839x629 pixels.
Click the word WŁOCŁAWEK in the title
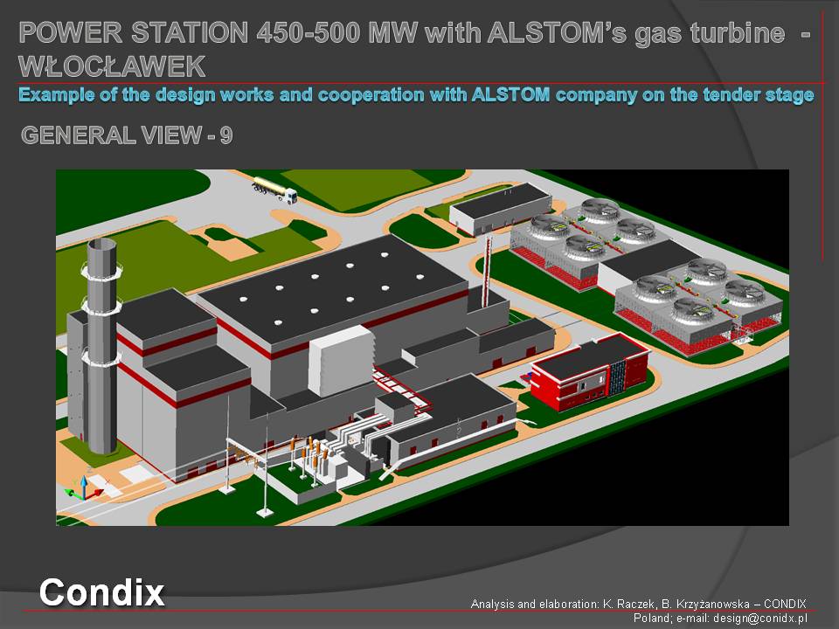[112, 66]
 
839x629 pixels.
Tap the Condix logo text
[101, 592]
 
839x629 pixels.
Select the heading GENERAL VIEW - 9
[127, 135]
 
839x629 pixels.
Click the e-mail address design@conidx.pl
[759, 619]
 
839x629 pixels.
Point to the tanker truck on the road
[274, 190]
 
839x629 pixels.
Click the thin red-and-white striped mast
[487, 273]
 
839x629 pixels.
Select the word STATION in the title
[190, 32]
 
